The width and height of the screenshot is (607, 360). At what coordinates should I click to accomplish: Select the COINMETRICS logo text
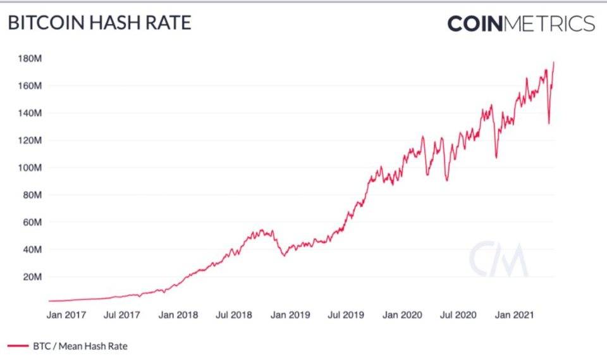coord(521,23)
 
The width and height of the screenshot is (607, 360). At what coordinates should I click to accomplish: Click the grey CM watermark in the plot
coord(498,259)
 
